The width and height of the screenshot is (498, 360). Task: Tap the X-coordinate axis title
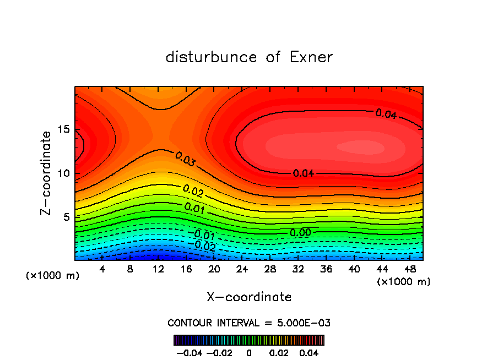[x=249, y=297]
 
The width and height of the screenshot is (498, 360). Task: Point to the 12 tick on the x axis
[x=158, y=269]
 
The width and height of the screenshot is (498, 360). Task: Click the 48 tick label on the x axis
[x=411, y=269]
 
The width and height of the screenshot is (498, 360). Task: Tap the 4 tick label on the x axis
[x=102, y=269]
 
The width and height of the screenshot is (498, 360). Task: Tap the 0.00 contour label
[x=301, y=233]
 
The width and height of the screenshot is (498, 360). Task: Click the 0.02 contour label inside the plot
[x=193, y=191]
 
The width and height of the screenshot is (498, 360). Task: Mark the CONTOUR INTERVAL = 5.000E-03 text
[x=249, y=323]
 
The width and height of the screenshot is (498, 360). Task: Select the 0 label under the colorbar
[x=249, y=352]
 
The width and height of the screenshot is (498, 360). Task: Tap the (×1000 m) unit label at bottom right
[x=403, y=281]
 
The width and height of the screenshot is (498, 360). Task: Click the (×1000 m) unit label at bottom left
[x=53, y=275]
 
